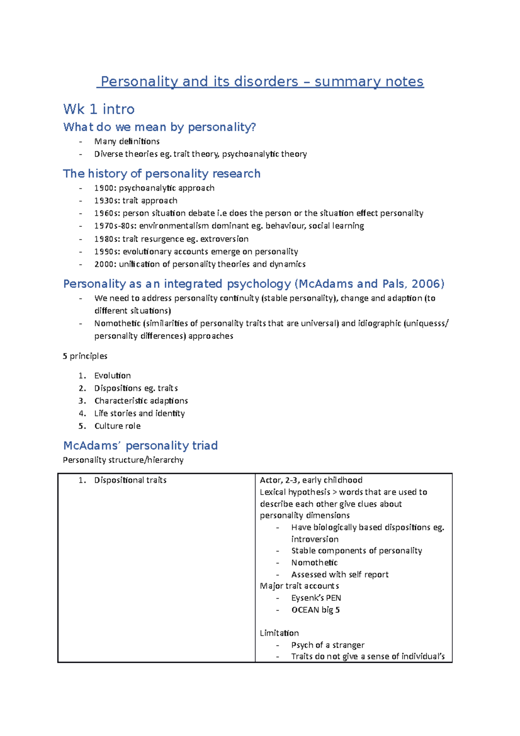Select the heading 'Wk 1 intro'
(x=99, y=109)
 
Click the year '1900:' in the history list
(x=105, y=188)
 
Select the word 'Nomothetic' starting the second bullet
(x=117, y=323)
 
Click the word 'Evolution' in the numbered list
(x=112, y=376)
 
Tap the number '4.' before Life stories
(x=82, y=414)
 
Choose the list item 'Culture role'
(x=117, y=426)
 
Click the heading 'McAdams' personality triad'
(x=140, y=446)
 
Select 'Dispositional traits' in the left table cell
(x=130, y=480)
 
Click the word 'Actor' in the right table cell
(x=270, y=480)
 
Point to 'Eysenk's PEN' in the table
(x=316, y=598)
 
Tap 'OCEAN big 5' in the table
(x=315, y=610)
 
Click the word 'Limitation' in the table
(x=279, y=633)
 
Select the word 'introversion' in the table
(x=315, y=539)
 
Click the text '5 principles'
(x=85, y=356)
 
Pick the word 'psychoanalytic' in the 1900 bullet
(x=147, y=188)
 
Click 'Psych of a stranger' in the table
(x=328, y=645)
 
